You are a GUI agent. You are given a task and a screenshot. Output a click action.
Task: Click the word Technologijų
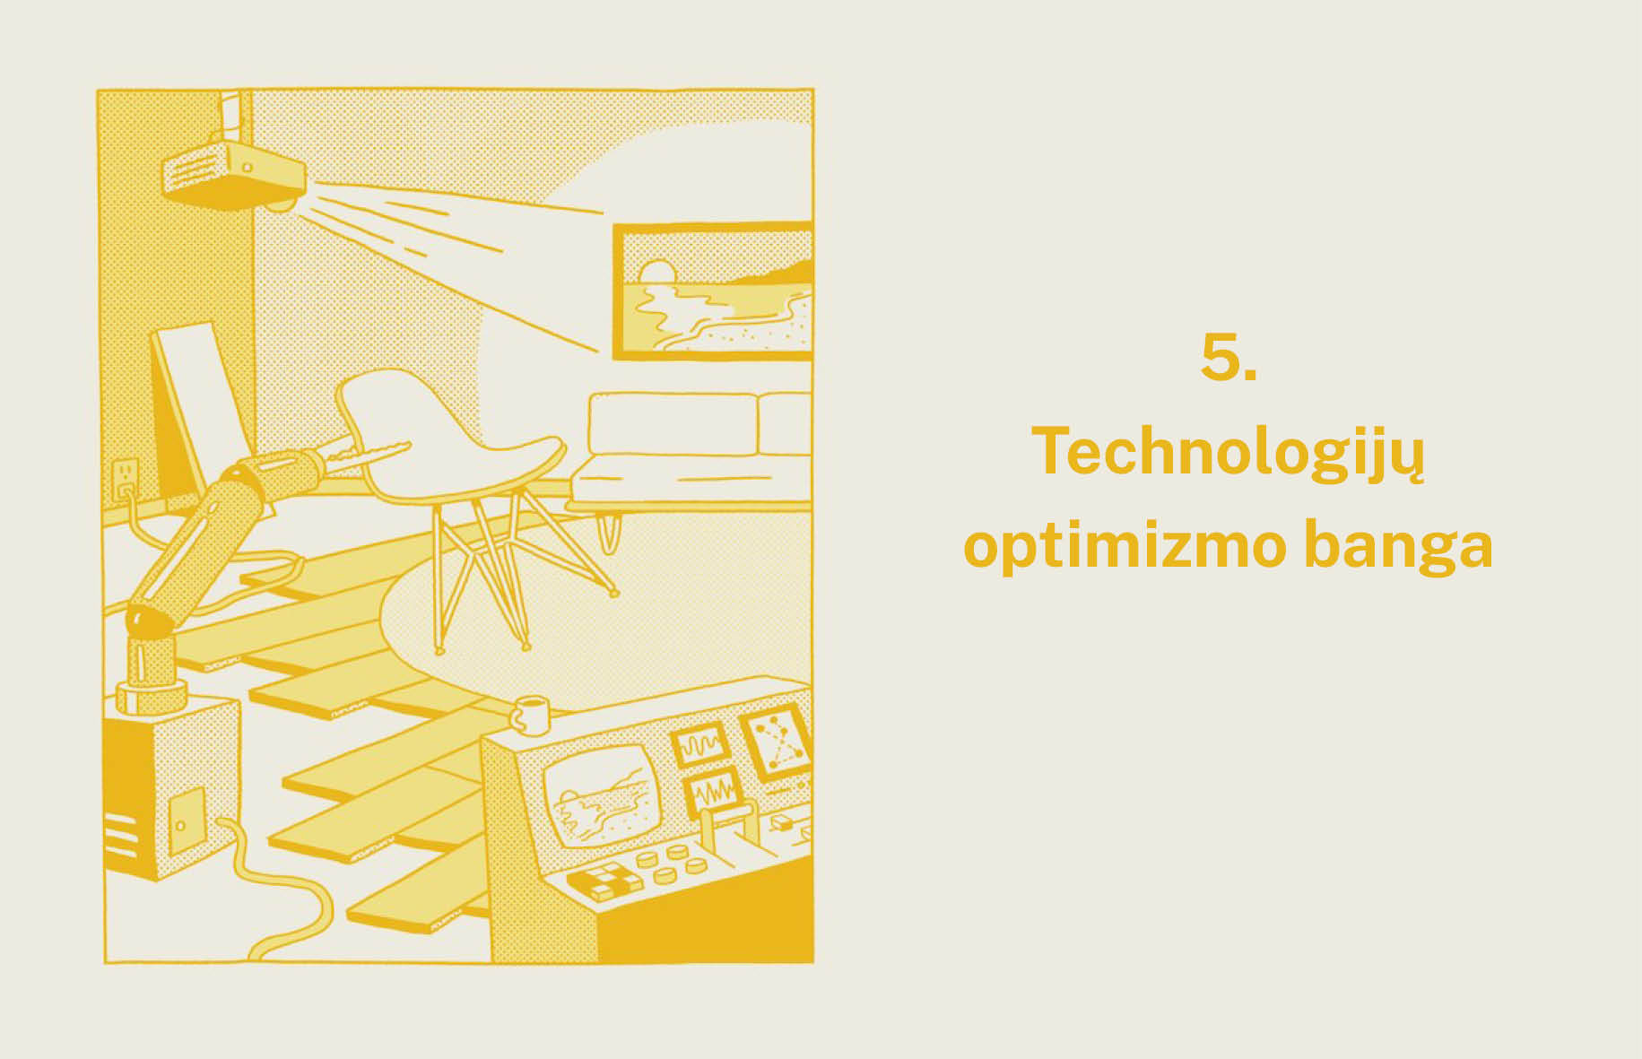(1228, 454)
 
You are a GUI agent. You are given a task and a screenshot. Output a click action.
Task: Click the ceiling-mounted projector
(233, 175)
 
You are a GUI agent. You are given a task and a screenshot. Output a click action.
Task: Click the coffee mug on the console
(529, 715)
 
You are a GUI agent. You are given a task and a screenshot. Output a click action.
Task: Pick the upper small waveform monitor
(699, 744)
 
